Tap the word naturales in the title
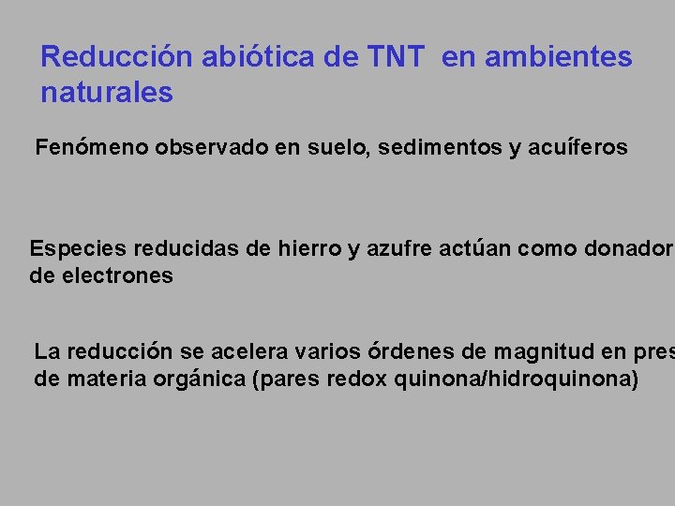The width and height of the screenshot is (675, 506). coord(107,94)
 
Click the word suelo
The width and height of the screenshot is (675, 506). coord(340,148)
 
